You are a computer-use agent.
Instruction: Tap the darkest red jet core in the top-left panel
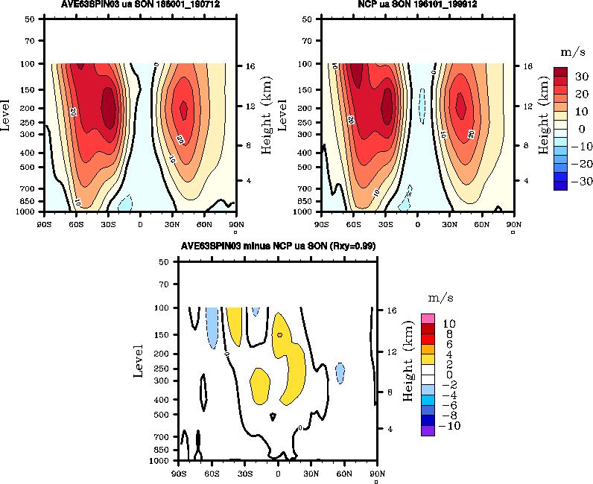(x=109, y=106)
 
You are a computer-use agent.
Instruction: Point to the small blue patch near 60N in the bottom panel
(x=340, y=372)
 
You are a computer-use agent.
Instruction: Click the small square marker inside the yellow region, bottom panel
(x=279, y=335)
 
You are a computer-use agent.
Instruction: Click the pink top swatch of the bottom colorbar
(x=428, y=319)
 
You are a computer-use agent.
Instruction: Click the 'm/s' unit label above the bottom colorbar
(x=436, y=298)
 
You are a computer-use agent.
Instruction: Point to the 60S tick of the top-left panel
(x=76, y=222)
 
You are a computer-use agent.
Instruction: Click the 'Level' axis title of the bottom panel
(x=139, y=360)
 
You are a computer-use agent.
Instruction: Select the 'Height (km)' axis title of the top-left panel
(x=267, y=115)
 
